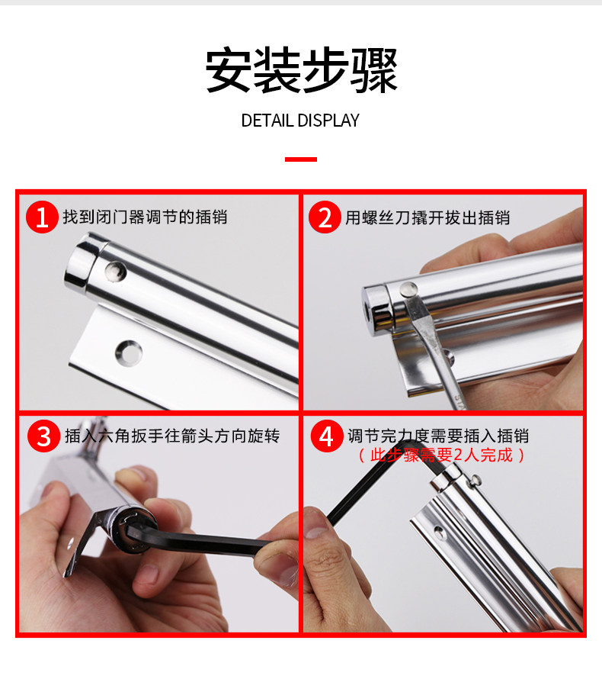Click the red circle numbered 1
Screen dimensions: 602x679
point(42,217)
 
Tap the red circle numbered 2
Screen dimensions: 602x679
point(325,217)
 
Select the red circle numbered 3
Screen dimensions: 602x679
point(43,436)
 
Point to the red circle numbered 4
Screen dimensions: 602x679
point(326,436)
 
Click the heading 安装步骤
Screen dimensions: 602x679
point(302,70)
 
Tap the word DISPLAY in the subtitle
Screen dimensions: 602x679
point(328,121)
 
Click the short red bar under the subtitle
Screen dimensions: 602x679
point(300,159)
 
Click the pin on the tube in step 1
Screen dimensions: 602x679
point(114,271)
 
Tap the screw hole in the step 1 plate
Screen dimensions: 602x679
point(129,353)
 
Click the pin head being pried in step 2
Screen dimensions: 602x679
point(408,289)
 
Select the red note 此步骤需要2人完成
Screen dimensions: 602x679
point(441,455)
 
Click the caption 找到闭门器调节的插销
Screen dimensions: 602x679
point(145,217)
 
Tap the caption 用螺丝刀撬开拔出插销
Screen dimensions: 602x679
point(427,217)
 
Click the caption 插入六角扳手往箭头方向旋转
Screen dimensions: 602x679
point(172,436)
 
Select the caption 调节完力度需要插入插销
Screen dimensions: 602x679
point(438,436)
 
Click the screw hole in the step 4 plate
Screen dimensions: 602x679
point(438,531)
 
